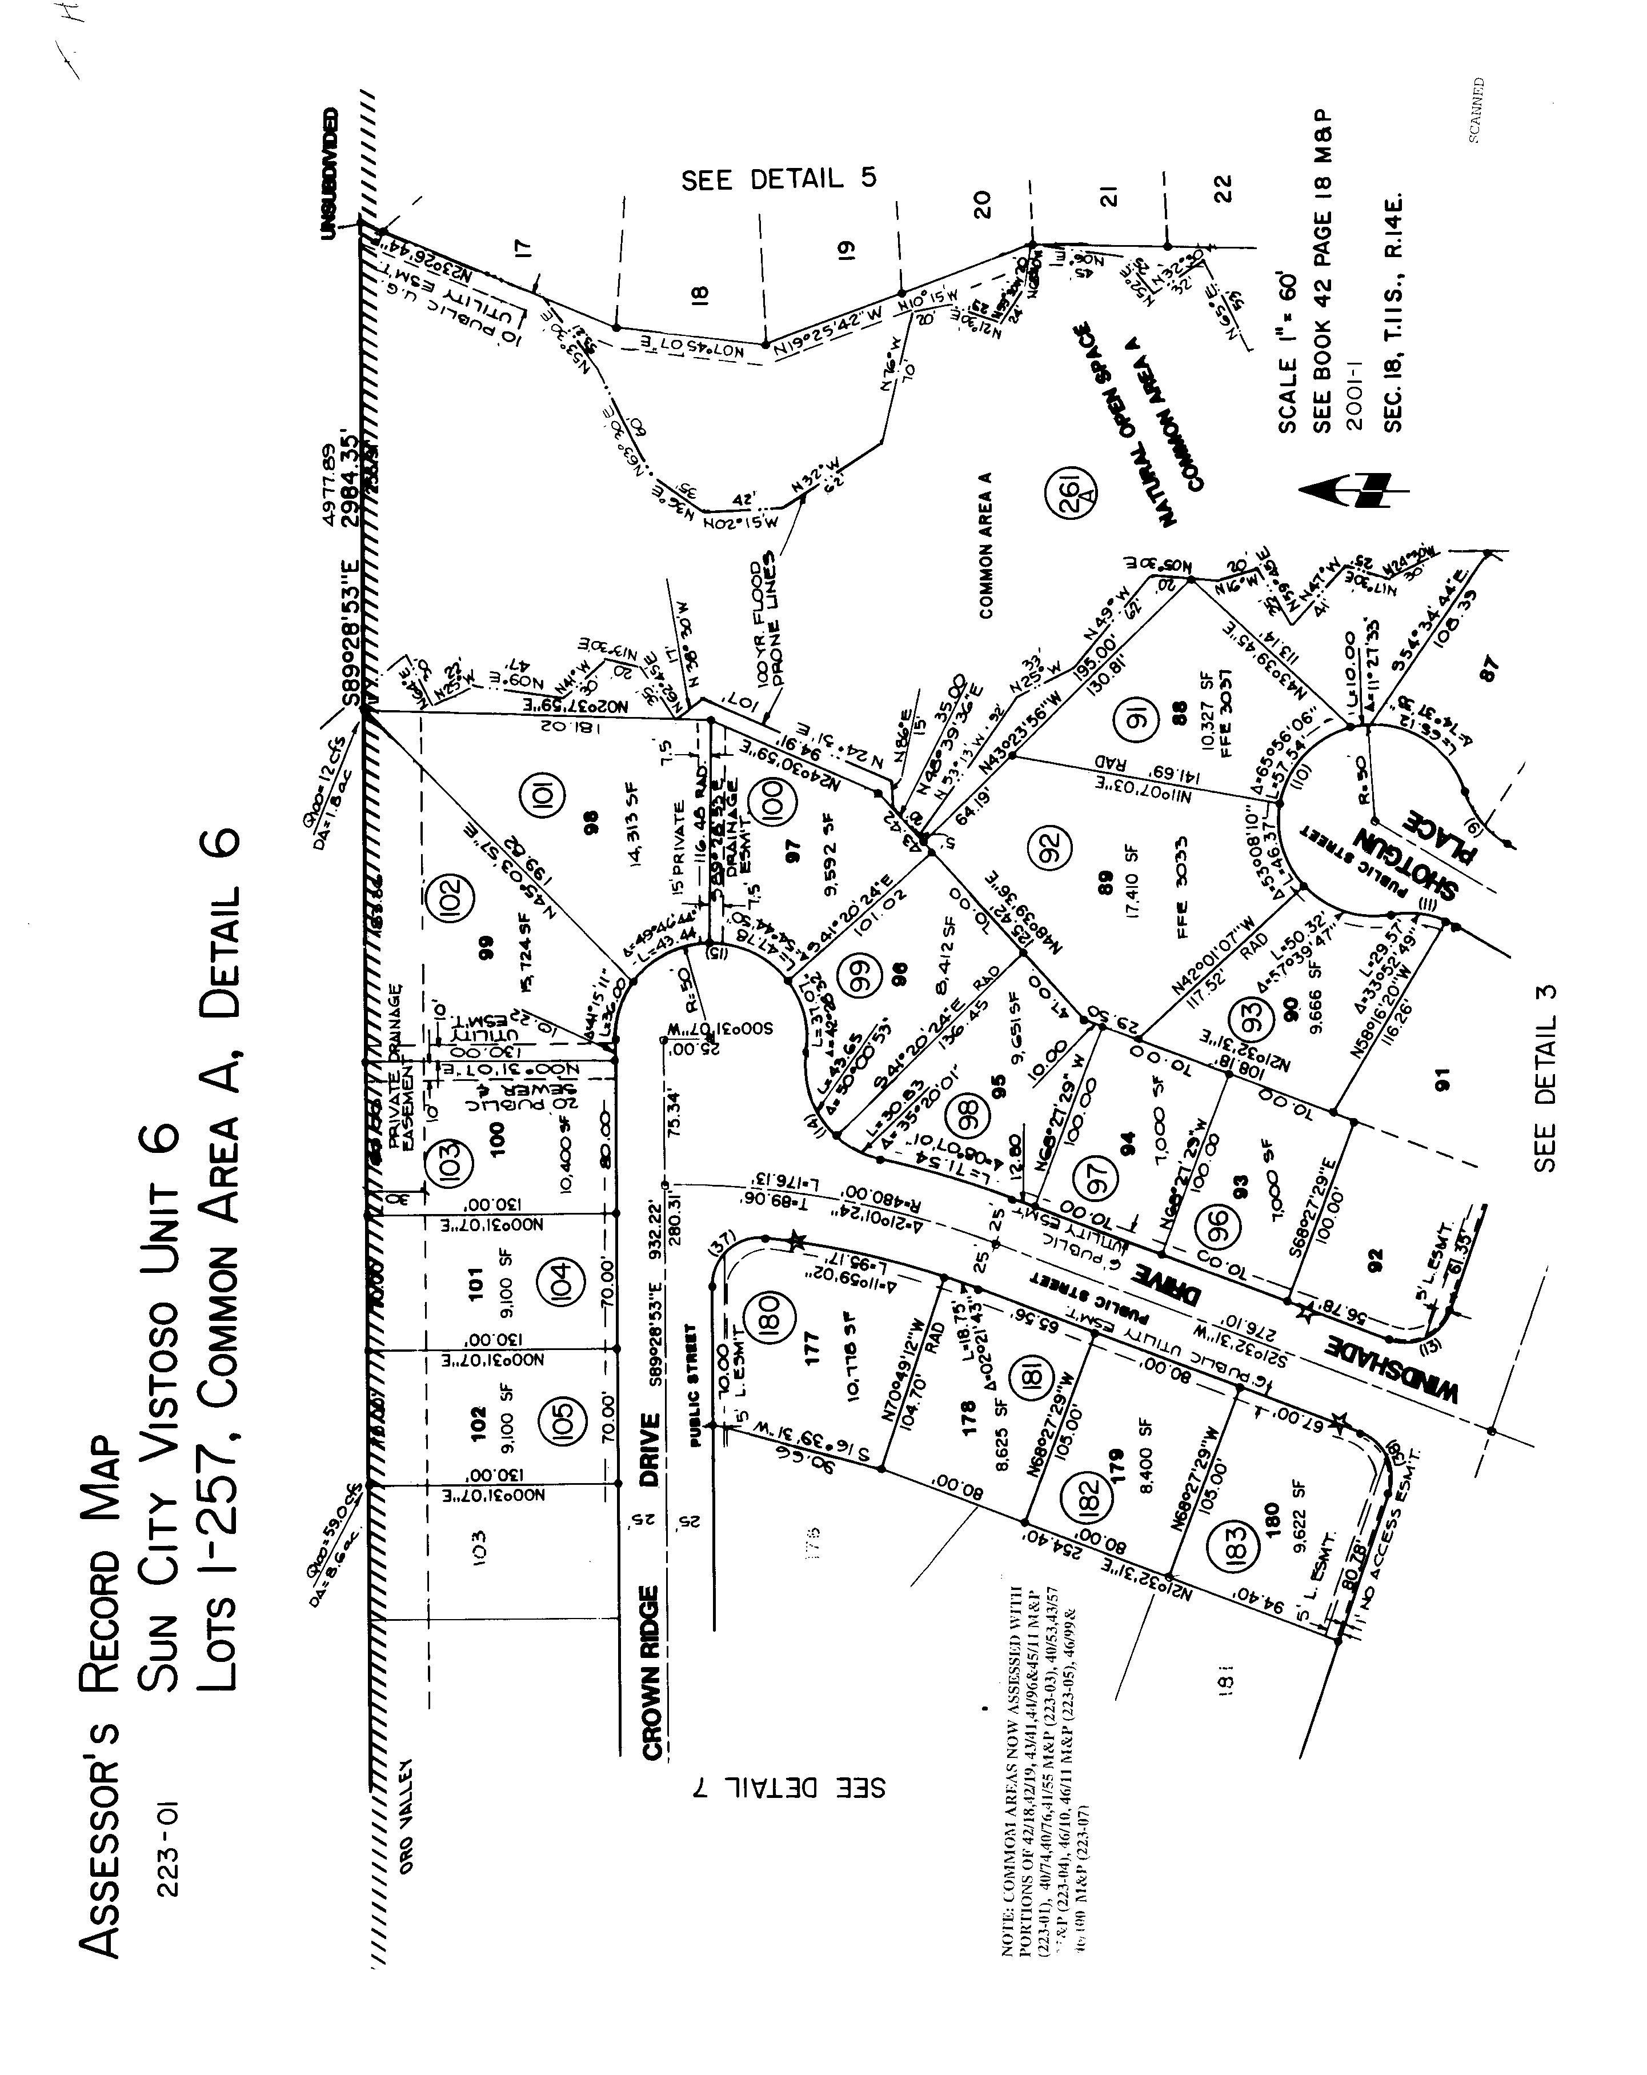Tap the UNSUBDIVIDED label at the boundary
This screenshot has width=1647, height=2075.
coord(330,173)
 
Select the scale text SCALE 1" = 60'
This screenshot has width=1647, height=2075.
coord(1287,352)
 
